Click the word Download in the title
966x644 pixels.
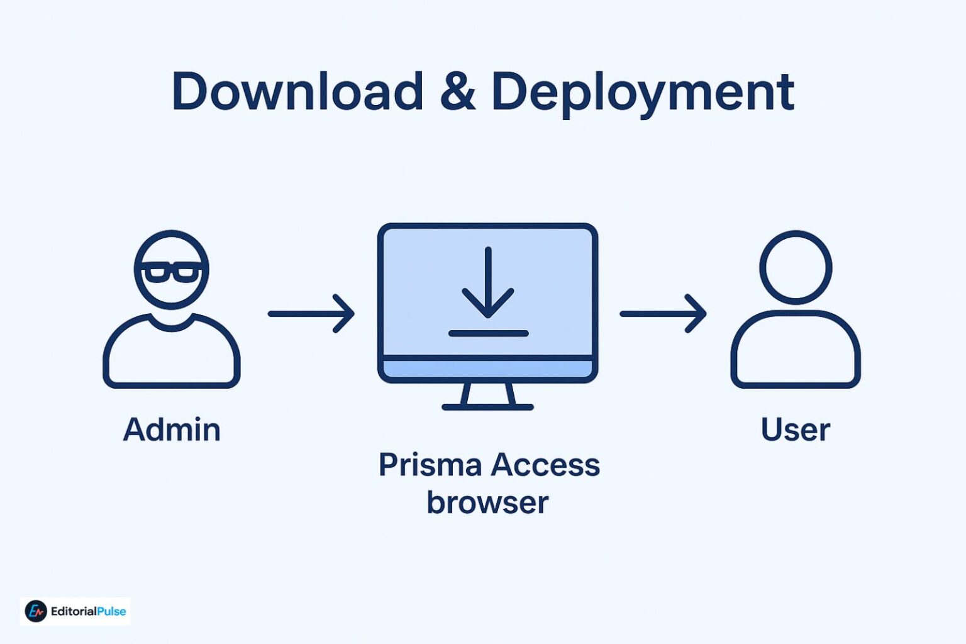297,92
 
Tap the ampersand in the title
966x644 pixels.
457,92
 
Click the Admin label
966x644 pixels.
172,430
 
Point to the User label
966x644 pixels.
795,430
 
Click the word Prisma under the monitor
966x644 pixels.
430,465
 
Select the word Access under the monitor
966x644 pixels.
545,465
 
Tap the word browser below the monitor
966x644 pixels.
487,502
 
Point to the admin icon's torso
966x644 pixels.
171,355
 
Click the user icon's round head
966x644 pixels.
796,267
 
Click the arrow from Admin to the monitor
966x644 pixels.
311,313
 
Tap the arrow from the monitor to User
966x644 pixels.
663,313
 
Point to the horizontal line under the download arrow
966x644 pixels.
488,333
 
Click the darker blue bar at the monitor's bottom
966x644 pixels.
488,369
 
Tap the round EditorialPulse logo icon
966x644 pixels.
36,611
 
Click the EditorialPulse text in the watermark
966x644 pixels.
88,611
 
